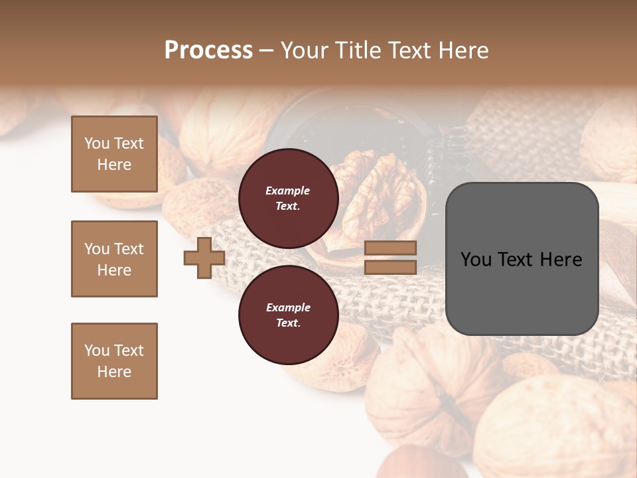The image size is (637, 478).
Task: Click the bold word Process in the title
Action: point(208,50)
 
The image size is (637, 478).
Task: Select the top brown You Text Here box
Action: point(114,154)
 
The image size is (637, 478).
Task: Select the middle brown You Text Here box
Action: point(114,259)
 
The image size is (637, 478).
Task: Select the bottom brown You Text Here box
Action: point(114,361)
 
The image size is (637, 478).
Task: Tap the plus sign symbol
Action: point(204,258)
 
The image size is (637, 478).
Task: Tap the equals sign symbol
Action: point(390,258)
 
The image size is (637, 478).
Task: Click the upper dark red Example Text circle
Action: point(289,199)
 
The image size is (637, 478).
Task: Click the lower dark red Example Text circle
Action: point(289,315)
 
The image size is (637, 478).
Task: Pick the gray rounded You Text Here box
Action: point(522,259)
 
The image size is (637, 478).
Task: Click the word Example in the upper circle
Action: point(288,191)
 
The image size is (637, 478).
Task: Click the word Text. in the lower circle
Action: point(288,323)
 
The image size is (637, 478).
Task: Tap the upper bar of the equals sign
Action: point(390,248)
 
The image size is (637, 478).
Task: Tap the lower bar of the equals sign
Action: point(390,268)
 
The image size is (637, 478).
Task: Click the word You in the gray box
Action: point(476,260)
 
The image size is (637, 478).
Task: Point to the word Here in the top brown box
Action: point(114,165)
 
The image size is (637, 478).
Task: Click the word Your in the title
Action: point(305,50)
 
